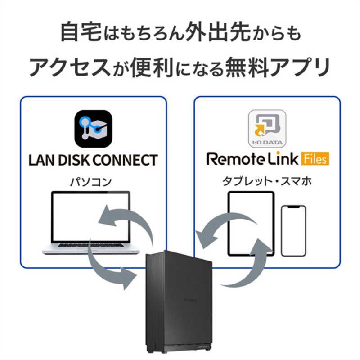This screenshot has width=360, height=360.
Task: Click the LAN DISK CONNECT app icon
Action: coord(93,129)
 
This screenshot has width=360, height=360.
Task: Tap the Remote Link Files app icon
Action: coord(267,129)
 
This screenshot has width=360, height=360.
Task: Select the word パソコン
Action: coord(90,182)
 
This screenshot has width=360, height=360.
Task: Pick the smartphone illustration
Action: coord(293,230)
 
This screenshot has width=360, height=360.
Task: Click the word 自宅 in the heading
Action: coord(78,33)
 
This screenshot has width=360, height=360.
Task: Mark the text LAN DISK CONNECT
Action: coord(93,160)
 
